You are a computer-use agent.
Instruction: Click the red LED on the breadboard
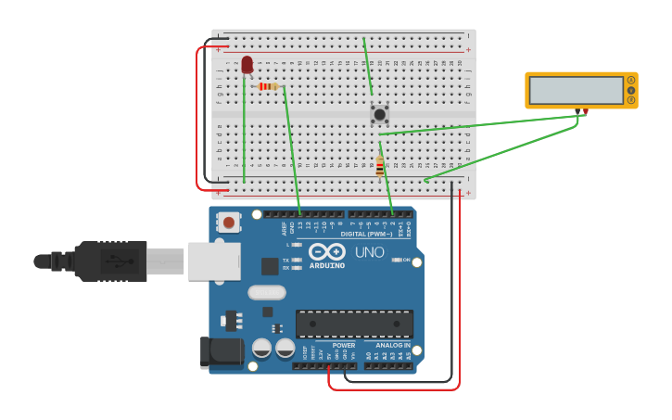coord(247,64)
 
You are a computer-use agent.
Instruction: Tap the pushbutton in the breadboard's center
coord(379,114)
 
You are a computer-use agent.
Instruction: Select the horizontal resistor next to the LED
coord(267,86)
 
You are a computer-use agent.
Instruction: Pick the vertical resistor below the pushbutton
coord(379,168)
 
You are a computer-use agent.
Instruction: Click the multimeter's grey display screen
coord(576,90)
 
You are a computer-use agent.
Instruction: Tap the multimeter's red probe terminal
coord(586,111)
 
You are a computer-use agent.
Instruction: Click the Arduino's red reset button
coord(228,223)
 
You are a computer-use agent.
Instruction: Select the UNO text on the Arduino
coord(370,252)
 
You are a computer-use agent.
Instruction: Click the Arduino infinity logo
coord(327,251)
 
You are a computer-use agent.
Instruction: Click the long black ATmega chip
coord(354,324)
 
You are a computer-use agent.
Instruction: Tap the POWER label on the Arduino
coord(343,345)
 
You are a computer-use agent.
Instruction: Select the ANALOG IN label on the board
coord(392,345)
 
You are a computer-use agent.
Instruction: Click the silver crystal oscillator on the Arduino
coord(267,292)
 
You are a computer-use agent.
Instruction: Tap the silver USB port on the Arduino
coord(214,261)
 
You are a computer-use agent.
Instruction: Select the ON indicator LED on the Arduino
coord(397,260)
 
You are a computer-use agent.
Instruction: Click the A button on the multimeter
coord(631,81)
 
